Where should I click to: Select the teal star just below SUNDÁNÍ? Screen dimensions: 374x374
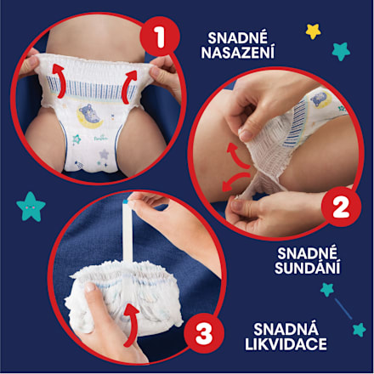click(x=326, y=289)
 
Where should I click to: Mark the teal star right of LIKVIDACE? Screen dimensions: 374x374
click(x=359, y=329)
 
